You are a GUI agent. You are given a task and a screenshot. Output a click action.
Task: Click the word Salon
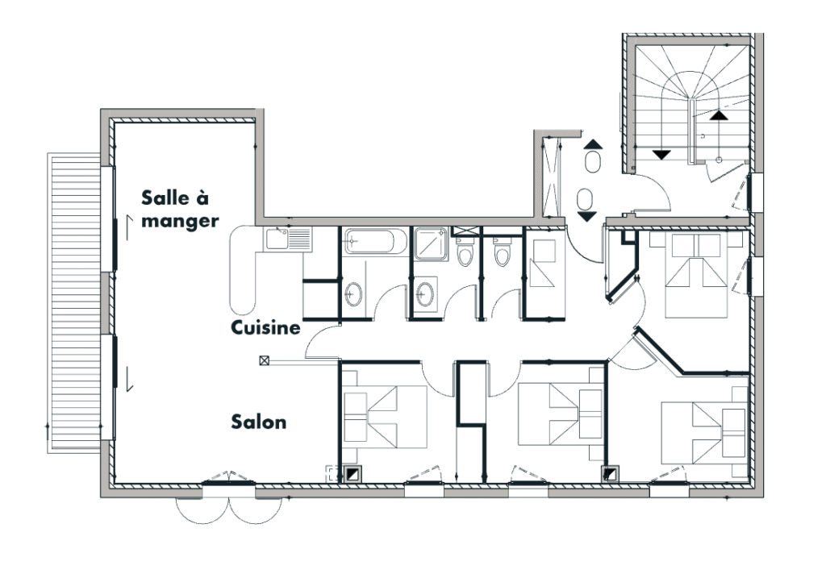259,422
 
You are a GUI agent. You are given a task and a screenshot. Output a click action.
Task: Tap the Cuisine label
265,328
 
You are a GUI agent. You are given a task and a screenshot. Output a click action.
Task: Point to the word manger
180,221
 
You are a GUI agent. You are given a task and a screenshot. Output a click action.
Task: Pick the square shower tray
431,244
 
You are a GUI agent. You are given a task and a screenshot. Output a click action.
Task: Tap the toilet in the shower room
465,253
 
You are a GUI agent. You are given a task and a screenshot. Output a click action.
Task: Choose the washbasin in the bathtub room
353,293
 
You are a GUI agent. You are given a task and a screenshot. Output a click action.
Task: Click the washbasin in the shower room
424,293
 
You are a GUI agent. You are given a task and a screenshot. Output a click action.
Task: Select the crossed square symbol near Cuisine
264,360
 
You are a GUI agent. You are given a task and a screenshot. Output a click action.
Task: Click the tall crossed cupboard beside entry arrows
552,177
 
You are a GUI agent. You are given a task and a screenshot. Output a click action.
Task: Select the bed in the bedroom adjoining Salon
385,417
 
